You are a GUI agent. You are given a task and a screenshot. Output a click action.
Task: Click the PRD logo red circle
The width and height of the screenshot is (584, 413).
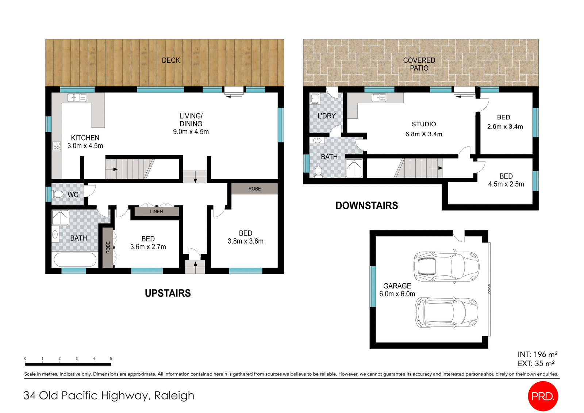[x=543, y=396]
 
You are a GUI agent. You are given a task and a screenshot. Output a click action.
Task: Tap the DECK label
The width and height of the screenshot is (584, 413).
[x=171, y=60]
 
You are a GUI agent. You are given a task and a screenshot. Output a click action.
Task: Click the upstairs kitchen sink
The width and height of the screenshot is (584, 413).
[x=77, y=97]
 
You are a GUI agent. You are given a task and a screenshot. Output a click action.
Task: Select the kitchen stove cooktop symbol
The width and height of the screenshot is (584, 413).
[x=57, y=146]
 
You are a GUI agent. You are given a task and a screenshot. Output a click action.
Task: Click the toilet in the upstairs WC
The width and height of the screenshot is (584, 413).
[x=58, y=194]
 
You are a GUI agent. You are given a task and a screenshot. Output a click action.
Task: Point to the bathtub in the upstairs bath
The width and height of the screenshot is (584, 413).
[x=75, y=260]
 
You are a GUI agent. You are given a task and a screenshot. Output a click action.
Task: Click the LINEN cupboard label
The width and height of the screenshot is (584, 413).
[x=156, y=211]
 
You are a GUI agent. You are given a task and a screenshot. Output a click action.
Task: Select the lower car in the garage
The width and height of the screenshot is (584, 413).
[x=446, y=313]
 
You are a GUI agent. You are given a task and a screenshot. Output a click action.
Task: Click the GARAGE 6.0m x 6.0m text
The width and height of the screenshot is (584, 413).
[x=397, y=290]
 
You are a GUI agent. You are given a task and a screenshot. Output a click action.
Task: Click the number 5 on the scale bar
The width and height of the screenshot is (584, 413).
[x=111, y=359]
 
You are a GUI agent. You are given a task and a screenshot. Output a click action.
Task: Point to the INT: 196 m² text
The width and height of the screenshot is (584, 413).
[x=537, y=354]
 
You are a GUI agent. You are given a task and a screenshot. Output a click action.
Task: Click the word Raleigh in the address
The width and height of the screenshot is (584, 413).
[x=174, y=395]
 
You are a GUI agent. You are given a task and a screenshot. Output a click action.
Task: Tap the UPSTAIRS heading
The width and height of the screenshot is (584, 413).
[x=168, y=293]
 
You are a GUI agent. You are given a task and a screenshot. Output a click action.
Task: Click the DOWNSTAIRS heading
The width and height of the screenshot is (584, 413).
[x=366, y=206]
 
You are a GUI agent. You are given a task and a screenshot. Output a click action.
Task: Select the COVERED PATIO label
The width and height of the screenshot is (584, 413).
[x=419, y=64]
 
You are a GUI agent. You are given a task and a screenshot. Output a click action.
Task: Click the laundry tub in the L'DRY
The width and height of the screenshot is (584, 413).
[x=315, y=99]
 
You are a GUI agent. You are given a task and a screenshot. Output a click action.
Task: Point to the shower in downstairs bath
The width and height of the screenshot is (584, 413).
[x=354, y=168]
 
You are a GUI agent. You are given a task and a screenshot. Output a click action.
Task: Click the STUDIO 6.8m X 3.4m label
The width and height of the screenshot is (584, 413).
[x=423, y=129]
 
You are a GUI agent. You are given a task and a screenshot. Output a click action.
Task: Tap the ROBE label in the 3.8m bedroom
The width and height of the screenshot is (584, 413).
[x=254, y=189]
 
